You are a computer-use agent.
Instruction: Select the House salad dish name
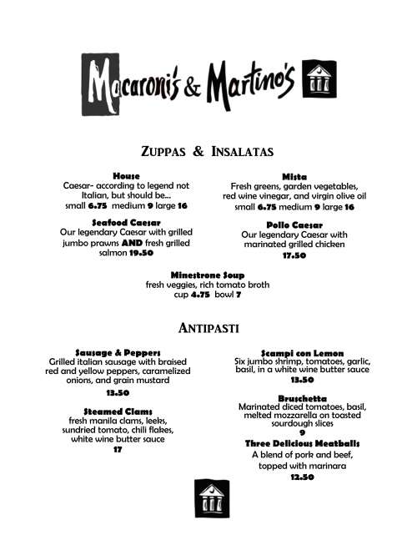[126, 176]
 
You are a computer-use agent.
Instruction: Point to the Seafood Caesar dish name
[126, 222]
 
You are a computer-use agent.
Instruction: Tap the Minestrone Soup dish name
[208, 275]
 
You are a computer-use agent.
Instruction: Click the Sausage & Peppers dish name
[118, 352]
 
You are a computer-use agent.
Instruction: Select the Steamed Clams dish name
[118, 410]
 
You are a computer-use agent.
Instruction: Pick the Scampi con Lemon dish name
[302, 352]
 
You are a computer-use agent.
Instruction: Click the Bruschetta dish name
[302, 398]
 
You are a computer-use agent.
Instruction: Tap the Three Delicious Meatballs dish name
[302, 442]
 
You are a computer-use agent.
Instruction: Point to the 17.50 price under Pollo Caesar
[294, 256]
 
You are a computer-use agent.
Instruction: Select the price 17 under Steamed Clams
[118, 450]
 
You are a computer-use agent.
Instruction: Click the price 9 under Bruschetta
[302, 431]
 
